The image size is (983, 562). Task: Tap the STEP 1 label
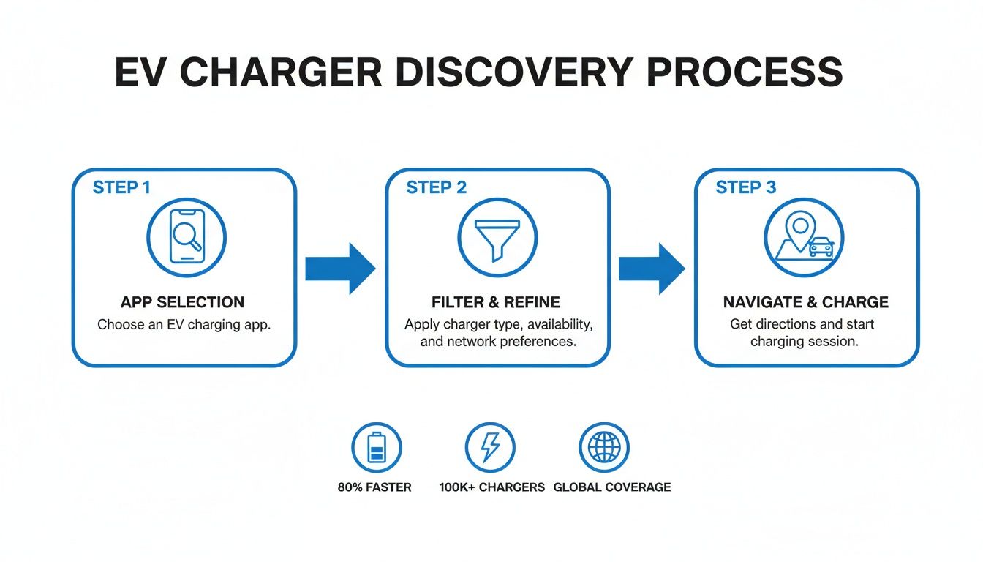121,187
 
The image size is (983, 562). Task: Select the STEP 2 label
436,187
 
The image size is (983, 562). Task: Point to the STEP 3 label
745,187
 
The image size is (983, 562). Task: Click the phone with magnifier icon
186,237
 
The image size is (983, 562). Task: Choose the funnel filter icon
497,237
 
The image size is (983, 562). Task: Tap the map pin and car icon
804,237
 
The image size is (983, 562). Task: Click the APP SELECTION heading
184,302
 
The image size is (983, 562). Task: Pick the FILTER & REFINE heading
497,302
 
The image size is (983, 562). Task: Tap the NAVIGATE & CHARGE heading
805,302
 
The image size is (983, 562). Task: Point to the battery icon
376,447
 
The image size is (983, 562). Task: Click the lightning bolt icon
490,447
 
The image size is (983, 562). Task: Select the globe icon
603,447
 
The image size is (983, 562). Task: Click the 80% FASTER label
374,487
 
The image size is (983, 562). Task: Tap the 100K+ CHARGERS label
491,487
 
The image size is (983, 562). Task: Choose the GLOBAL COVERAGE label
611,487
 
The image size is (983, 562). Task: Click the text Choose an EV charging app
184,325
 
